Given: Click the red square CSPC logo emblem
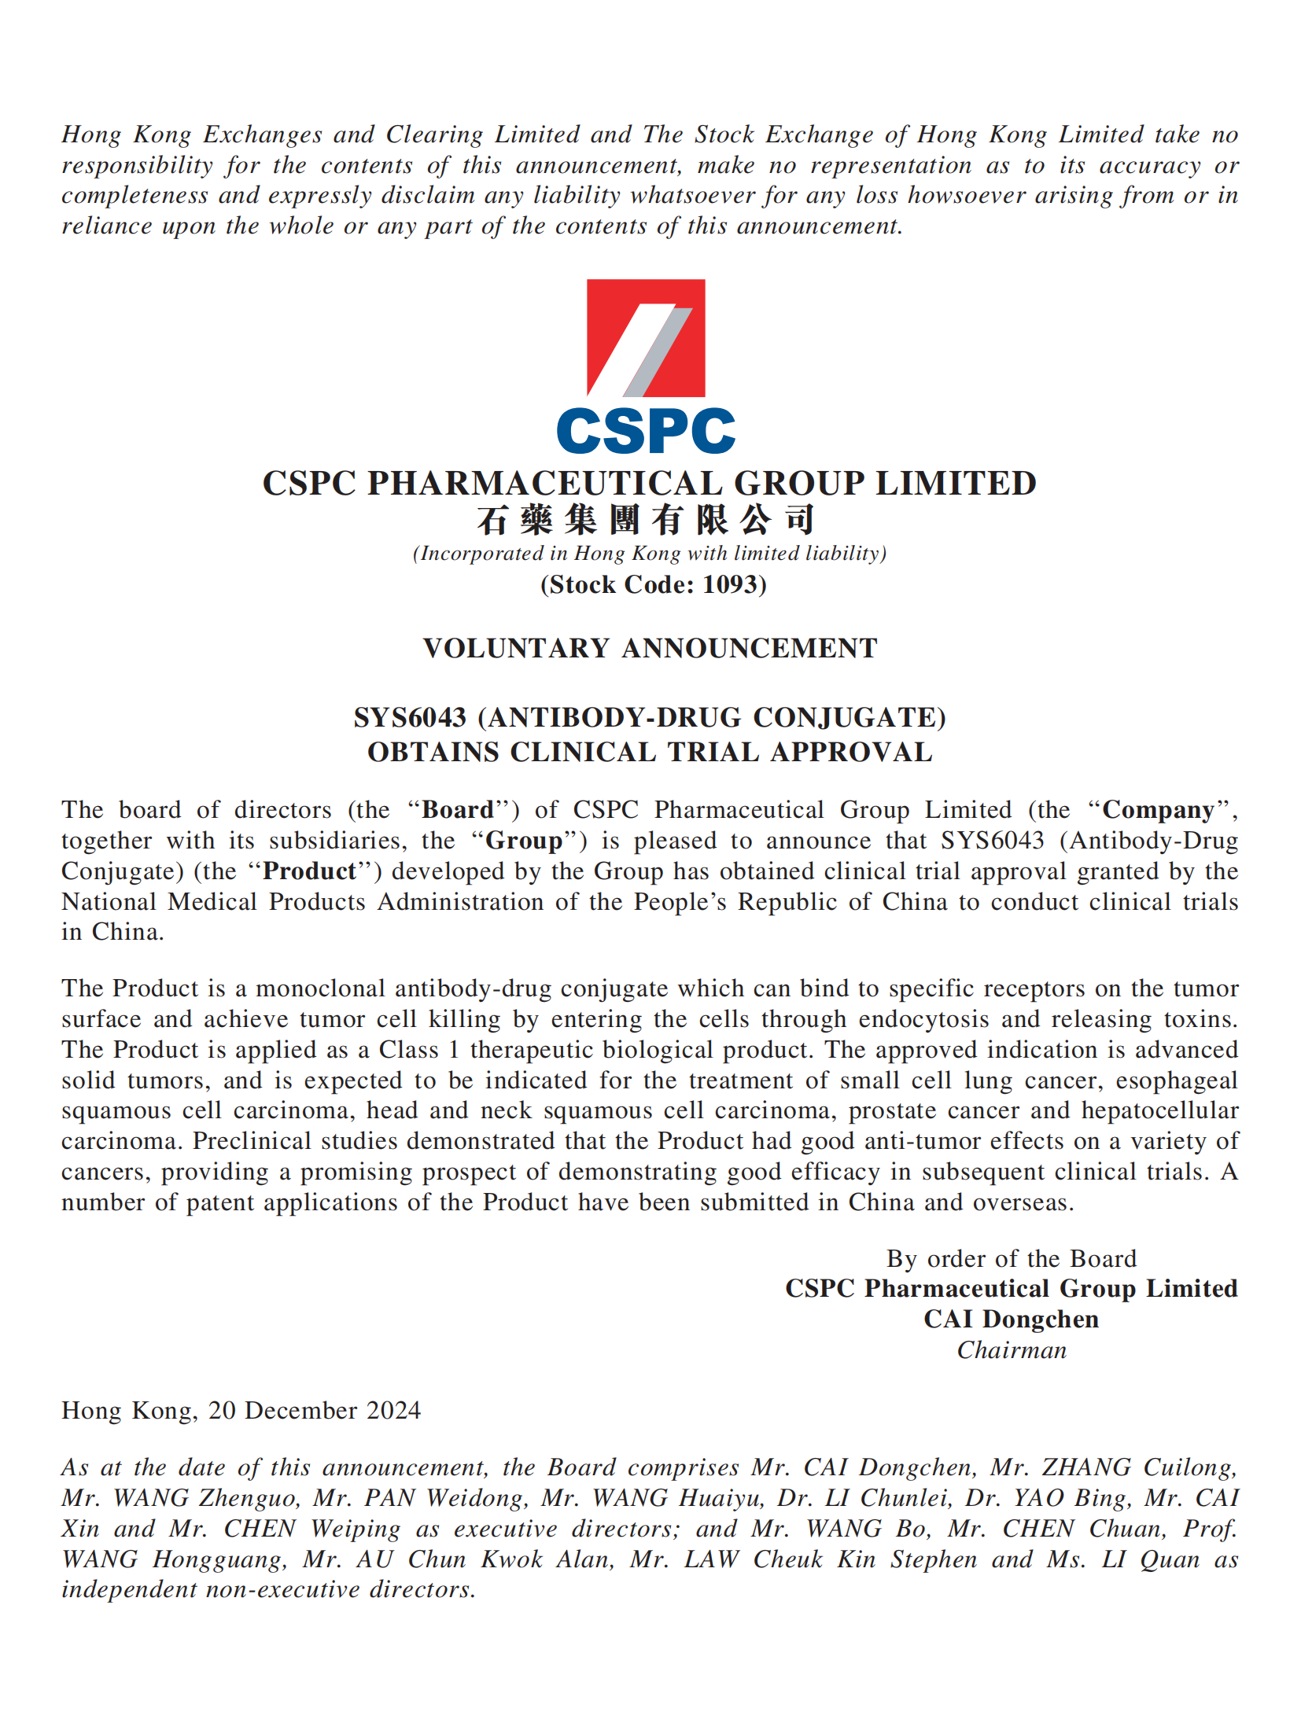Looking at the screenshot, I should coord(645,337).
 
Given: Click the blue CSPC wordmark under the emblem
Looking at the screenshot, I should coord(645,431).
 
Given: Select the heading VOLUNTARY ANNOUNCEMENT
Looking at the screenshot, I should coord(650,648).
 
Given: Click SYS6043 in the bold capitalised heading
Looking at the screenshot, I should coord(409,717).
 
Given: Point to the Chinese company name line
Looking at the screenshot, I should coord(645,520).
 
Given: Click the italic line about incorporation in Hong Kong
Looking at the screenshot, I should coord(650,554).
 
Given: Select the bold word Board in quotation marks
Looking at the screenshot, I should coord(458,810).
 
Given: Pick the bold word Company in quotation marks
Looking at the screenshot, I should coord(1158,810).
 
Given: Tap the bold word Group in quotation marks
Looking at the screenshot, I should coord(524,841).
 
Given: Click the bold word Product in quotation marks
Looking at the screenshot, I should coord(309,871).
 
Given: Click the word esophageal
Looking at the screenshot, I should coord(1177,1081).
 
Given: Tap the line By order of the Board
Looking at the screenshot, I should coord(1011,1259).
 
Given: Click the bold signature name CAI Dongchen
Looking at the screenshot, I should coord(1011,1320).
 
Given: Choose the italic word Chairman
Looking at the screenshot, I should coord(1012,1350).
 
